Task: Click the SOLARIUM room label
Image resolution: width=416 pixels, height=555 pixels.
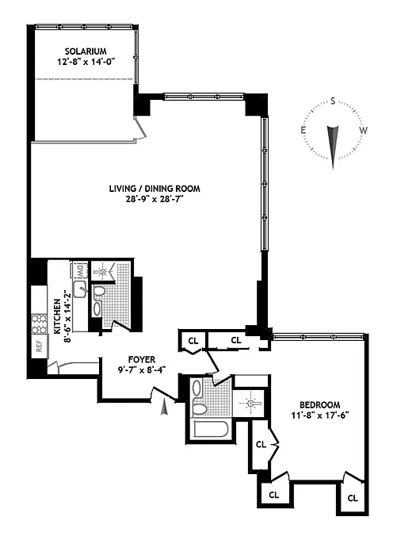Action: click(x=86, y=52)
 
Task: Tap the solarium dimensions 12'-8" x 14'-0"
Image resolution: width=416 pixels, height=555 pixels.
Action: click(x=86, y=62)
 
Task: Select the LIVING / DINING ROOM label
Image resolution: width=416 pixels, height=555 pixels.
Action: click(x=155, y=189)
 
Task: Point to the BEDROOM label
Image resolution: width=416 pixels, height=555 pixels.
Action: click(x=320, y=405)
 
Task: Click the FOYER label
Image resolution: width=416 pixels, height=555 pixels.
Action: click(x=142, y=360)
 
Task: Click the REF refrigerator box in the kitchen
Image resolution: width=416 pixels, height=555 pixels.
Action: click(x=40, y=346)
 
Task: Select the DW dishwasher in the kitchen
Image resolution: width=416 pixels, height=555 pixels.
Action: click(x=80, y=270)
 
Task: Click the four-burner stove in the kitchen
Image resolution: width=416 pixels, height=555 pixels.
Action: click(x=40, y=324)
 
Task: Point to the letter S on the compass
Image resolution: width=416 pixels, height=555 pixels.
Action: click(x=333, y=101)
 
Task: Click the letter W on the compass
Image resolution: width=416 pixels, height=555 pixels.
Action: click(x=363, y=130)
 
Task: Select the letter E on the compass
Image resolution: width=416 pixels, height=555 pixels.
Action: click(x=303, y=130)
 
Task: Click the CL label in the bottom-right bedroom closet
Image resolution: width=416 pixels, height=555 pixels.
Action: click(x=353, y=499)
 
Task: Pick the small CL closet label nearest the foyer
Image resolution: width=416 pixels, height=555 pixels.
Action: click(x=193, y=341)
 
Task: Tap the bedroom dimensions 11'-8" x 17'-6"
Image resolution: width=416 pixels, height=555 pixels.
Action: click(x=320, y=415)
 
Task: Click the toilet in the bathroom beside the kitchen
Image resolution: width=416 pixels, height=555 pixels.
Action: click(x=99, y=292)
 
